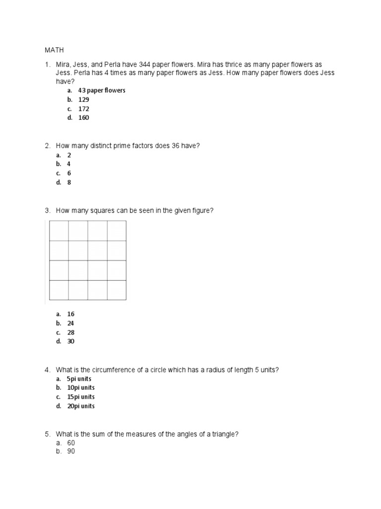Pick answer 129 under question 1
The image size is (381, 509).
point(83,99)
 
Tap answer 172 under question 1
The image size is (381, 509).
point(83,108)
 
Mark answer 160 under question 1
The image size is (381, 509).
point(83,118)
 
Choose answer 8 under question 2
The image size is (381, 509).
point(69,182)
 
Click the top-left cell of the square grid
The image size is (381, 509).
point(59,231)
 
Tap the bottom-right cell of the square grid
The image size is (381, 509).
point(117,290)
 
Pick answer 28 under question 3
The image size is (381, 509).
point(71,333)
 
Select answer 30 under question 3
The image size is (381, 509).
point(71,341)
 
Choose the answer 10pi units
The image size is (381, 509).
point(81,388)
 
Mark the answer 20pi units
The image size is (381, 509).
point(81,406)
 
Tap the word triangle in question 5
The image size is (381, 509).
point(223,434)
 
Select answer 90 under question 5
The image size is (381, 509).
point(71,451)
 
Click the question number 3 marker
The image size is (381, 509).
point(48,211)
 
